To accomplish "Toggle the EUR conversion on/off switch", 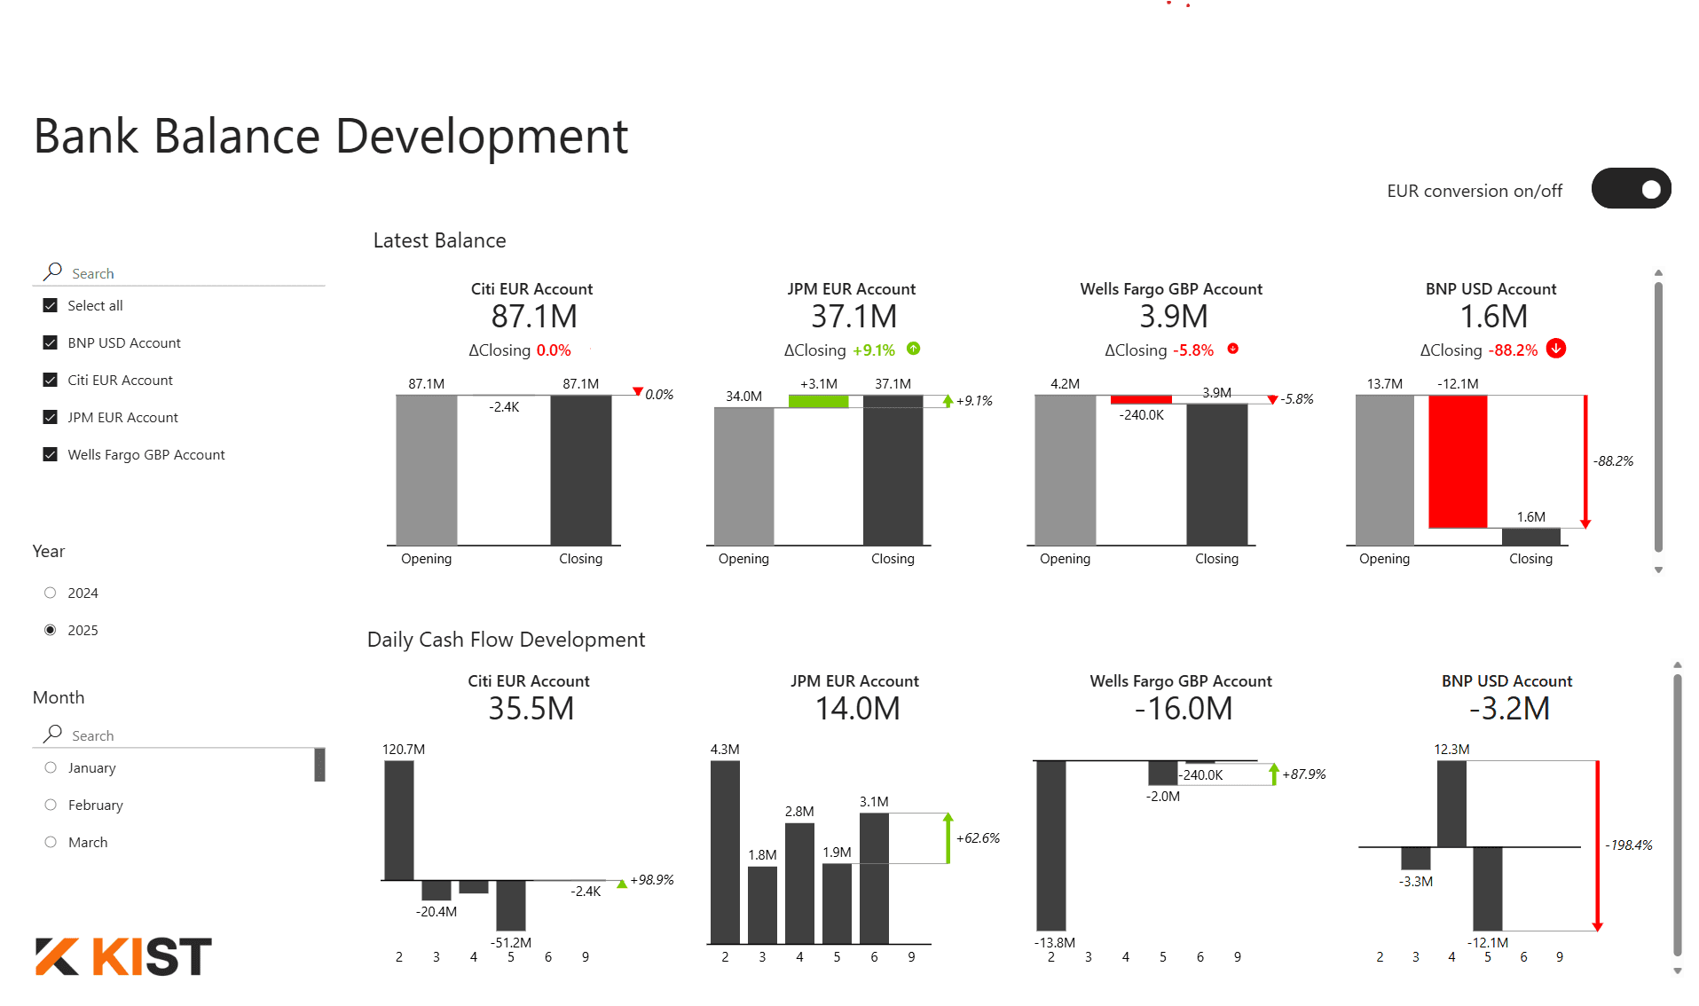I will point(1631,189).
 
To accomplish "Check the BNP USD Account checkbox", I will point(51,343).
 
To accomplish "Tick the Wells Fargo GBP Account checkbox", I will point(51,455).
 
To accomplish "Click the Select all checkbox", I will point(51,306).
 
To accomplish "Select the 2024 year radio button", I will point(51,593).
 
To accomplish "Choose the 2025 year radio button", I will point(51,631).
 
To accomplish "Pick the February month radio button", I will point(51,806).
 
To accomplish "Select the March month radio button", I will point(51,843).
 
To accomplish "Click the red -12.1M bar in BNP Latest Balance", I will point(1458,461).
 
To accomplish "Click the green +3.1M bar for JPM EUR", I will point(818,402).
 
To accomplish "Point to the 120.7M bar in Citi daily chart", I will point(399,821).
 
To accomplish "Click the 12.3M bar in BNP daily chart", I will point(1451,804).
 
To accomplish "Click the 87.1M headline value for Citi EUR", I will point(534,317).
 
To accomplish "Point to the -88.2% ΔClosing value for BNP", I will point(1514,350).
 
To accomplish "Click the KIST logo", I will point(124,956).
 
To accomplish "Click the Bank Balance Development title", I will point(331,137).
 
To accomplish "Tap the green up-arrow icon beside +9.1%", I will point(914,350).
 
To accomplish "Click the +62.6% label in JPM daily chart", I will point(978,838).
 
